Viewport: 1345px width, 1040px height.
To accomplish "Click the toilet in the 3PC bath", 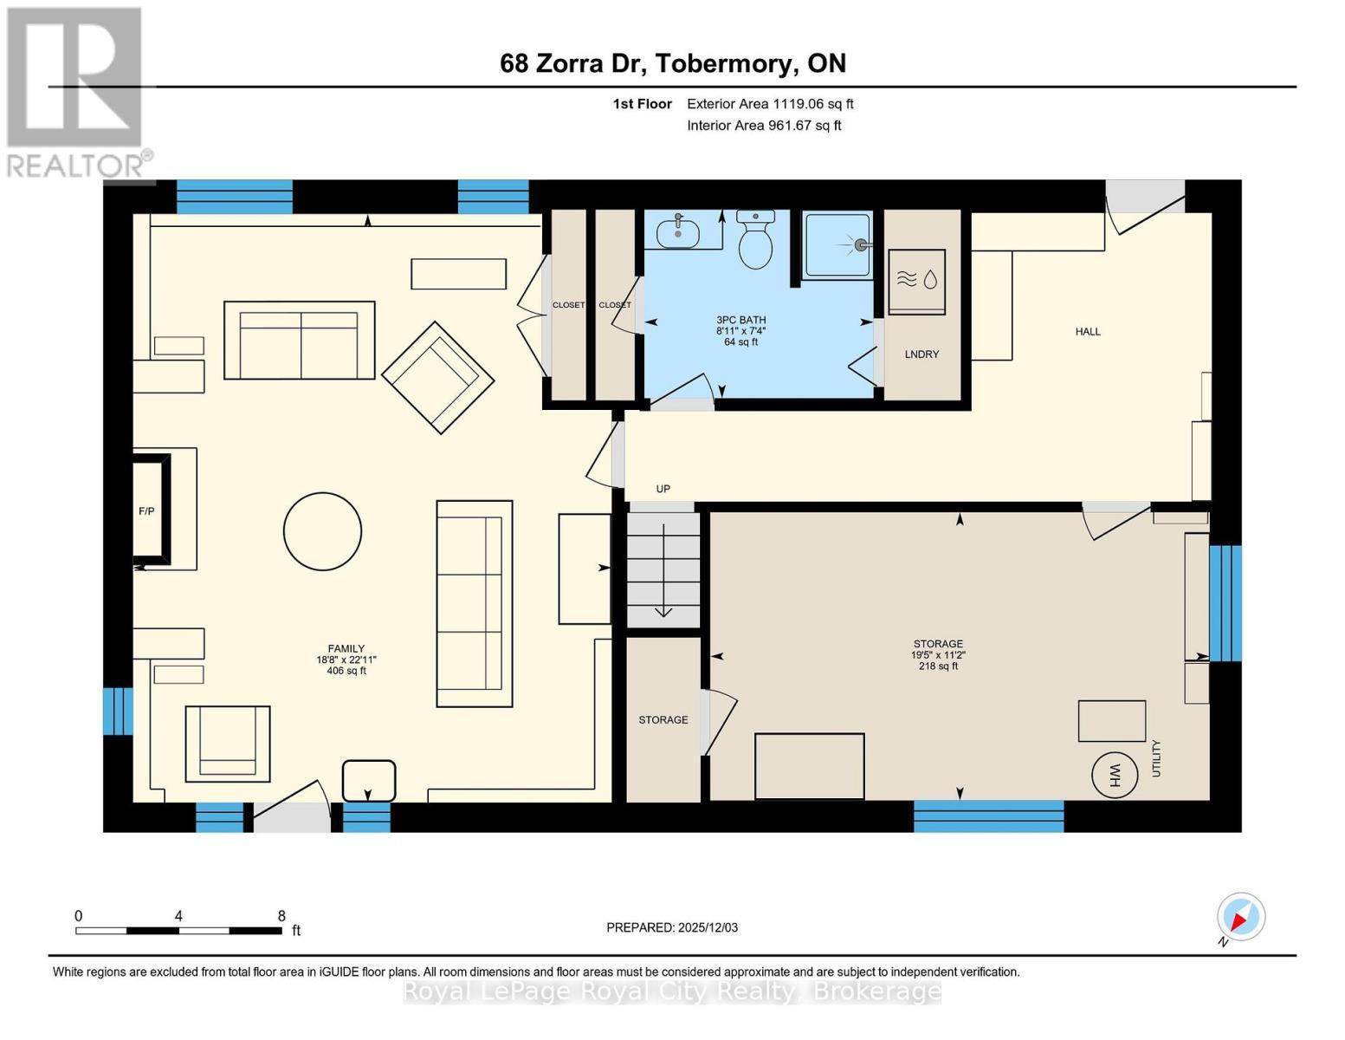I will pyautogui.click(x=755, y=240).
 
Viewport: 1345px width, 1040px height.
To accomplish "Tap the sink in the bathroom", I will pyautogui.click(x=681, y=232).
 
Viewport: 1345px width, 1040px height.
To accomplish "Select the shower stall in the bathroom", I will pyautogui.click(x=837, y=245).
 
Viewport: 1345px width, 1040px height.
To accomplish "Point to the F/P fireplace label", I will pyautogui.click(x=146, y=511).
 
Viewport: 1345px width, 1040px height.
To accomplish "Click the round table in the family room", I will pyautogui.click(x=322, y=531).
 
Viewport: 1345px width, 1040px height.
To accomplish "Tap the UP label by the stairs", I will pyautogui.click(x=663, y=489).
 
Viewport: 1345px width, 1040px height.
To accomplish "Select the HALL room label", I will pyautogui.click(x=1088, y=331).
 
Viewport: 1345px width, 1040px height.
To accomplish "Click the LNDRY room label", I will pyautogui.click(x=921, y=354).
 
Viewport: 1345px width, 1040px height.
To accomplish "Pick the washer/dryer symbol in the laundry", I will pyautogui.click(x=917, y=280).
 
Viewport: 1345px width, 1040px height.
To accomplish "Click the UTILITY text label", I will pyautogui.click(x=1156, y=758).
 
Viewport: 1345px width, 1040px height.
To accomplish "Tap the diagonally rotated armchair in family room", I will pyautogui.click(x=437, y=377).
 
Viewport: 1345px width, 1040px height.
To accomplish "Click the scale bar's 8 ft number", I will pyautogui.click(x=281, y=915).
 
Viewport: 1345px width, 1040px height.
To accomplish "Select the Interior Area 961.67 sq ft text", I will pyautogui.click(x=764, y=126).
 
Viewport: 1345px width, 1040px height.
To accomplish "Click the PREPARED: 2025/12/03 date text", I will pyautogui.click(x=672, y=927).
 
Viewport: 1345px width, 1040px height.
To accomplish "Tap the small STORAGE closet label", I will pyautogui.click(x=663, y=719).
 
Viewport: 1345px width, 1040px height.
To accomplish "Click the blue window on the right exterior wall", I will pyautogui.click(x=1225, y=603).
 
